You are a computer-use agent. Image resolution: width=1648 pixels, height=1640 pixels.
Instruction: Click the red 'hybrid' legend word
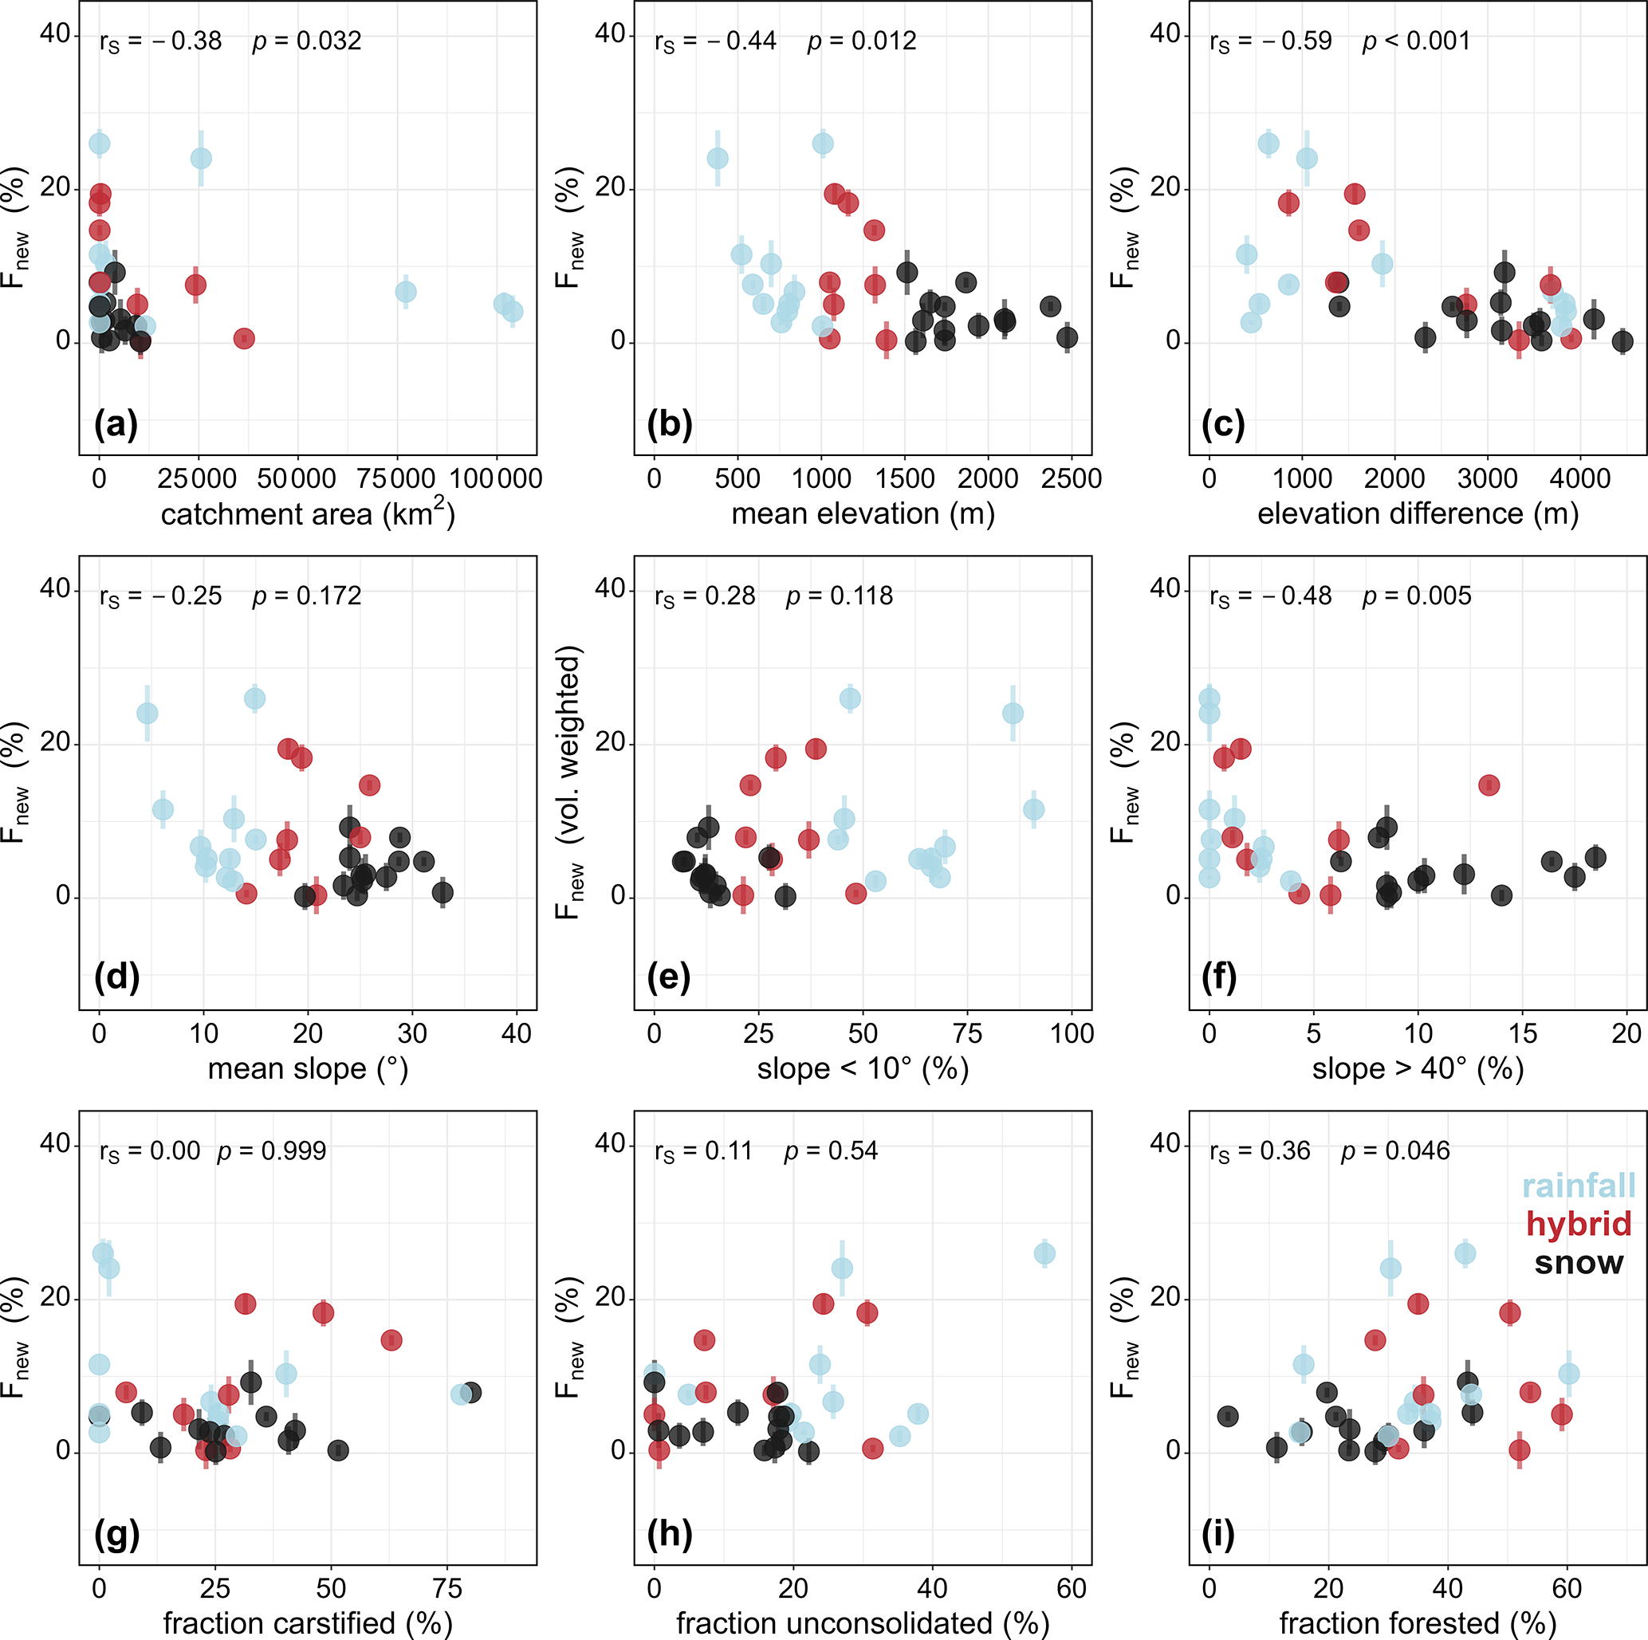pos(1579,1224)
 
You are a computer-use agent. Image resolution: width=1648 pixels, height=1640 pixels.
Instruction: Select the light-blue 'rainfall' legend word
pos(1579,1186)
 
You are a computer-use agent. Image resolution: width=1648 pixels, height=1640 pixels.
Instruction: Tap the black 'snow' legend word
pos(1579,1262)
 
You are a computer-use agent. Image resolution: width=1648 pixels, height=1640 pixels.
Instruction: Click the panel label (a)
pos(116,424)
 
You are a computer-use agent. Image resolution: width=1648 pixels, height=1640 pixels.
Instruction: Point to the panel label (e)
pos(669,978)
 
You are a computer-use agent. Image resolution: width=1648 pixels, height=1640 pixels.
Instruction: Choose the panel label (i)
pos(1217,1533)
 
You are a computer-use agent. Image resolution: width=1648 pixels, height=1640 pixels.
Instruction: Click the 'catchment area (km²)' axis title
pos(308,514)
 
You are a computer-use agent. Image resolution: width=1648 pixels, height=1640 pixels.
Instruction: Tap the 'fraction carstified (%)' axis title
pos(308,1623)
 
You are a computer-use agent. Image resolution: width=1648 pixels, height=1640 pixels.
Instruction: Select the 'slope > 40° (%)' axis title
pos(1418,1068)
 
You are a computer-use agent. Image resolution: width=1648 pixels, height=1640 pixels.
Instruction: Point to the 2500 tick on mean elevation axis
pos(1072,478)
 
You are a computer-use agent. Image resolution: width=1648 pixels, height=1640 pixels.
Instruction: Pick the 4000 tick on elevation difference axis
pos(1579,478)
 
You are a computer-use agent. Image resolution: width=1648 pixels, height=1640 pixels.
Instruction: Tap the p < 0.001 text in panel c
pos(1416,41)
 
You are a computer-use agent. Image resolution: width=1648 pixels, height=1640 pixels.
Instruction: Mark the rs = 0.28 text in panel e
pos(705,596)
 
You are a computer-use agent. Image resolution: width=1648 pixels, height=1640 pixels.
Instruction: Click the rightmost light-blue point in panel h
pos(1044,1253)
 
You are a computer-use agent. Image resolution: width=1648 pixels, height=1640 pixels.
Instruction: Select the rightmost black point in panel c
pos(1622,341)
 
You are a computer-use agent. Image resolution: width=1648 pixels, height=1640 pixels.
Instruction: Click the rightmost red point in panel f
pos(1489,785)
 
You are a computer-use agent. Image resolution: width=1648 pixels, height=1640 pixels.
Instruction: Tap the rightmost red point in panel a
pos(244,339)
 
